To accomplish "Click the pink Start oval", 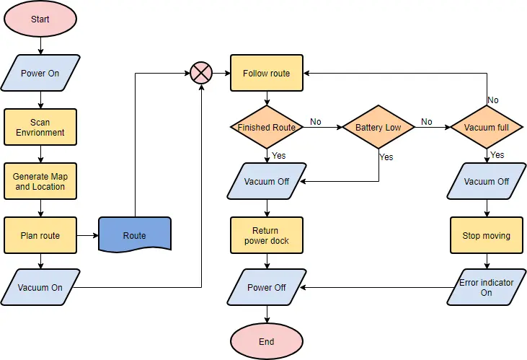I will [x=40, y=19].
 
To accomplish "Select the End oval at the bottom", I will [x=267, y=341].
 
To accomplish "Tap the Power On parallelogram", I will [x=40, y=73].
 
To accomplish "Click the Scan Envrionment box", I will [x=40, y=128].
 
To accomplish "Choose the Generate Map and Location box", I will [x=40, y=181].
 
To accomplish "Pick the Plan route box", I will [x=40, y=235].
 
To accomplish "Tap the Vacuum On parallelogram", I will [x=40, y=287].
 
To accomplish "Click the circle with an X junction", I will [x=200, y=73].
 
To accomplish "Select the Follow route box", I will [x=267, y=73].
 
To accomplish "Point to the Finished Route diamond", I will [x=267, y=128].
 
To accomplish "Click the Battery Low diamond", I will [x=378, y=128].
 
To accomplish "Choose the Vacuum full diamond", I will [x=487, y=128].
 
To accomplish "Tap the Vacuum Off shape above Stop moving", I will [x=487, y=181].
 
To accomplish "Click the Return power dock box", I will [x=267, y=235].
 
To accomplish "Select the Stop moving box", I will [x=487, y=235].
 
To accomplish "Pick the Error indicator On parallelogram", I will [x=487, y=287].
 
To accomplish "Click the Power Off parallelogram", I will [x=267, y=287].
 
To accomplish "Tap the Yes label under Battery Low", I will [x=386, y=157].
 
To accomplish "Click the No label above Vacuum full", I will [x=493, y=100].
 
